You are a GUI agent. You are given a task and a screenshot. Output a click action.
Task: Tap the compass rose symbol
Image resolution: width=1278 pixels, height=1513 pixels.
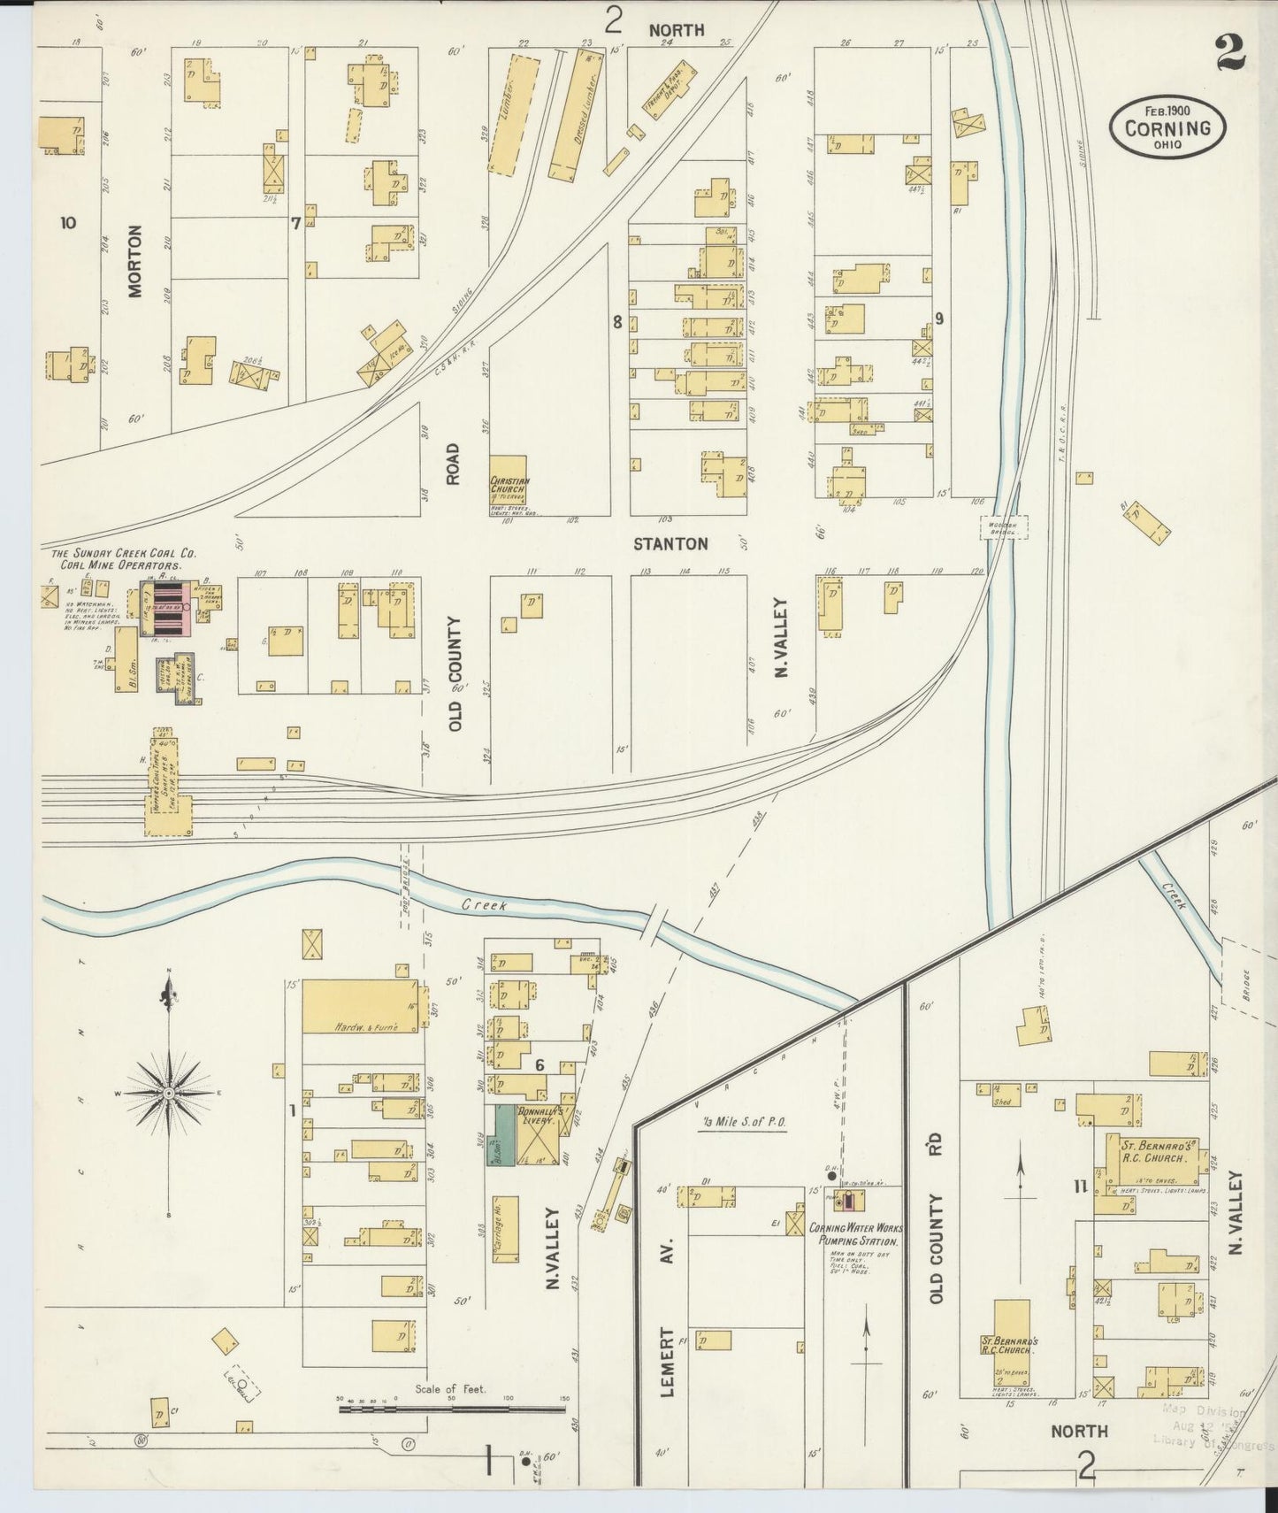(x=168, y=1094)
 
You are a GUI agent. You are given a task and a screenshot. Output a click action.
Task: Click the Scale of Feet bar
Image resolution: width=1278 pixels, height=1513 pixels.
(x=451, y=1407)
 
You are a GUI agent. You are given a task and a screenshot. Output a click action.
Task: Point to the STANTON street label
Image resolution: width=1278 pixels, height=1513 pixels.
(x=670, y=543)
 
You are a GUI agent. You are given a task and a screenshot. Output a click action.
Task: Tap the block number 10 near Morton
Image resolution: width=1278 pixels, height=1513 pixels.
(x=68, y=223)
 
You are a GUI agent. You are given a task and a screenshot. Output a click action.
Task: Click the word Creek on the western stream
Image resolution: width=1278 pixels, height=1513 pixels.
(x=485, y=905)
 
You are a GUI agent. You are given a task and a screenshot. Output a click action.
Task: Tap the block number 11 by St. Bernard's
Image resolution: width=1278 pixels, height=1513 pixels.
(x=1079, y=1187)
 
